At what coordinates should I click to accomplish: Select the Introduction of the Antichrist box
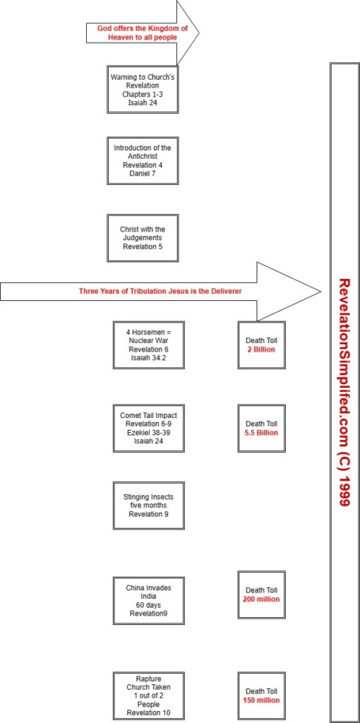coord(143,160)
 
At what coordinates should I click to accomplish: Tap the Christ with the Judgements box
coord(143,238)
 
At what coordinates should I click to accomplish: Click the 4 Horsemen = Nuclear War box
coord(149,345)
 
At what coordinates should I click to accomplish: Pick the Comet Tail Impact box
coord(149,429)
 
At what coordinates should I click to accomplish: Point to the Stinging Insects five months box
coord(149,506)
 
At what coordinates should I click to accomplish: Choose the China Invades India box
coord(149,600)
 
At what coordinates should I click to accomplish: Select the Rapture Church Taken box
coord(149,696)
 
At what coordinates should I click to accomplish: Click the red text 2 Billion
coord(261,349)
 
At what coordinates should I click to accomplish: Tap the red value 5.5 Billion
coord(261,433)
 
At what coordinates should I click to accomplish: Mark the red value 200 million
coord(261,599)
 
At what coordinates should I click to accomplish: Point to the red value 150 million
coord(261,700)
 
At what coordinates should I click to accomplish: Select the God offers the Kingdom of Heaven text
coord(143,32)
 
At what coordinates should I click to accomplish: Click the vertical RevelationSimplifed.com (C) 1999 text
coord(343,392)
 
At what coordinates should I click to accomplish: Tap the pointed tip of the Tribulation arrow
coord(320,292)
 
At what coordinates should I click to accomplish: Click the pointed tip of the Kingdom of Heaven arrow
coord(200,32)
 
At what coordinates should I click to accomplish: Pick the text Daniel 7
coord(143,172)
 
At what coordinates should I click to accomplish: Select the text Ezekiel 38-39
coord(149,432)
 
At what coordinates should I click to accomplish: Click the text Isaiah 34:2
coord(149,357)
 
